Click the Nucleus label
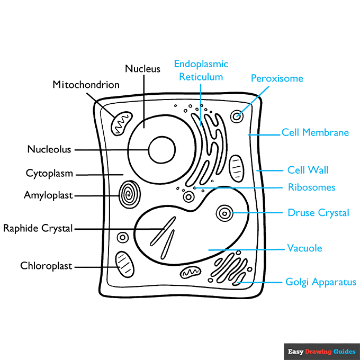[x=142, y=69]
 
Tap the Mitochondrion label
[x=86, y=85]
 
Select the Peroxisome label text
[x=277, y=79]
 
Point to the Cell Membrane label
[x=315, y=132]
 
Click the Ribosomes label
[x=311, y=187]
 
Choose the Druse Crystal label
[x=318, y=213]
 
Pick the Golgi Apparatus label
[x=321, y=282]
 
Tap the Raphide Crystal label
[x=38, y=229]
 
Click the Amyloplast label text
[x=48, y=195]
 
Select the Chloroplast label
[x=46, y=266]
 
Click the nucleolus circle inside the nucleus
[x=161, y=150]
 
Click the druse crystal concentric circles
[x=225, y=214]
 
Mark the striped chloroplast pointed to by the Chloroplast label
[x=124, y=263]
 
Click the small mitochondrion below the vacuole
[x=190, y=273]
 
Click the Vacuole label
[x=304, y=248]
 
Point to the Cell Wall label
[x=308, y=170]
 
